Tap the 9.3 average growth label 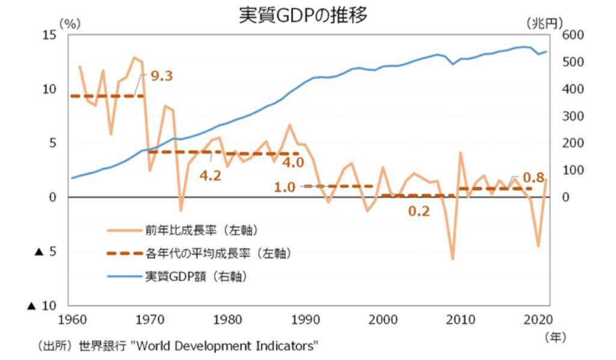(161, 76)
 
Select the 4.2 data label (210, 176)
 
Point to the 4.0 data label (293, 163)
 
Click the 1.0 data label (285, 187)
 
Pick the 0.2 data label (419, 211)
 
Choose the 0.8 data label (533, 178)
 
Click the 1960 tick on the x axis (71, 318)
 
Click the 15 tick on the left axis (50, 35)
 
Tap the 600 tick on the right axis (571, 35)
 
